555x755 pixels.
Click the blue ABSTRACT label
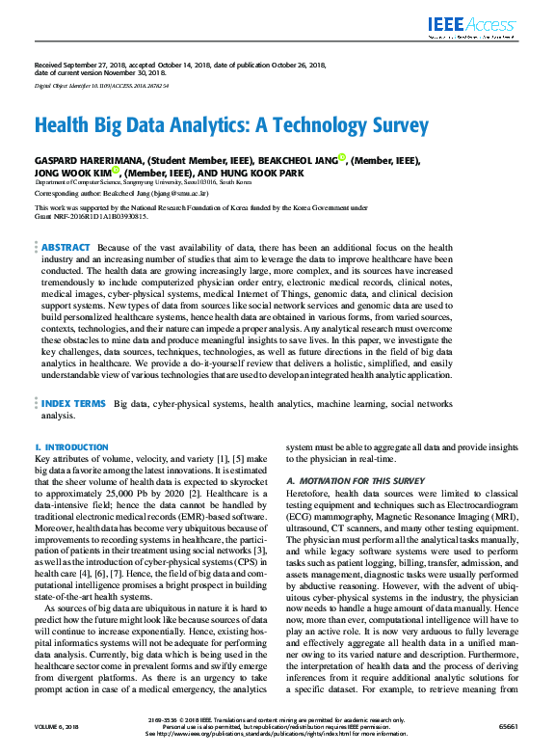tap(66, 248)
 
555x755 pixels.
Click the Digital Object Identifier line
tap(101, 86)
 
